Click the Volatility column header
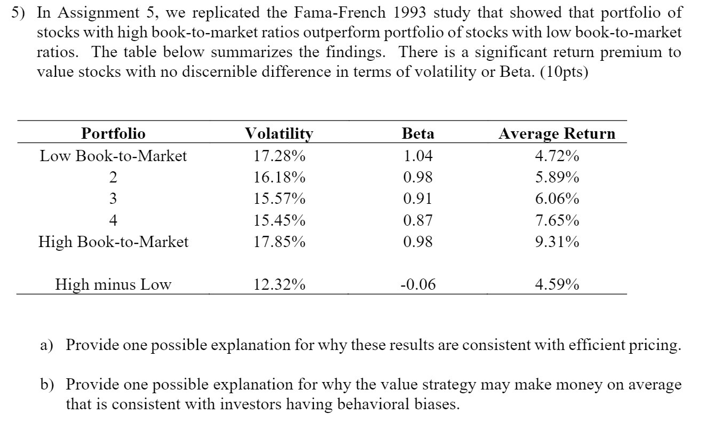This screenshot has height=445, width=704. point(279,133)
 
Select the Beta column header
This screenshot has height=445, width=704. point(417,133)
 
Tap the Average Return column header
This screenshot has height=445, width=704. point(557,133)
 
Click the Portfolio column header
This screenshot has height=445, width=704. point(113,133)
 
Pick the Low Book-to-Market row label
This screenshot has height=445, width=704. point(113,156)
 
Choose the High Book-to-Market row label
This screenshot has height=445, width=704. point(113,242)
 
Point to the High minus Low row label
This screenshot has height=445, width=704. point(113,284)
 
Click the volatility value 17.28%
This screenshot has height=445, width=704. point(279,156)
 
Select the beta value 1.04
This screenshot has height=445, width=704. point(417,156)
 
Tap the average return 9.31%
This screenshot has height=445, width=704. point(557,242)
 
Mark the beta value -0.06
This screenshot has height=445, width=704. point(417,284)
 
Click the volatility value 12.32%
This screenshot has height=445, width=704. point(279,284)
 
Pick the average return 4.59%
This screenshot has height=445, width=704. point(557,284)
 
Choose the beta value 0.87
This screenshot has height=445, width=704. point(417,220)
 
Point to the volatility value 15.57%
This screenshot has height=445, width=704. point(279,198)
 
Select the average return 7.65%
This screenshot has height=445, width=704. point(557,220)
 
